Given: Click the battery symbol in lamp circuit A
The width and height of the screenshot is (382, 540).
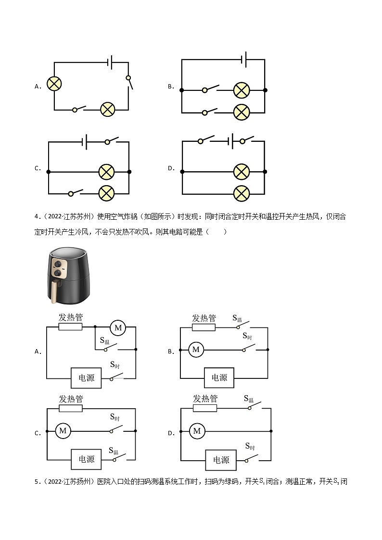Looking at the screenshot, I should (x=110, y=62).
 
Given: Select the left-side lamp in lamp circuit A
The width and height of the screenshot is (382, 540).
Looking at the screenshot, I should (x=54, y=84).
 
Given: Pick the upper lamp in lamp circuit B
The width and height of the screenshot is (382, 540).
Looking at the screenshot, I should (x=241, y=90).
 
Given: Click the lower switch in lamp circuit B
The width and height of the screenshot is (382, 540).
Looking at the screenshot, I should (x=210, y=112).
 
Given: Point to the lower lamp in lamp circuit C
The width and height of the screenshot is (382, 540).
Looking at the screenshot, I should (x=106, y=193).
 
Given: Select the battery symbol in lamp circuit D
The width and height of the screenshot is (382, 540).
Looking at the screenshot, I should (x=231, y=141).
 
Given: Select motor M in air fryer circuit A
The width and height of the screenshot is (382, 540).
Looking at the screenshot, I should (x=117, y=328).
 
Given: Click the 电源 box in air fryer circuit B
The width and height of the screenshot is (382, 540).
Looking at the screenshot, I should (x=219, y=377).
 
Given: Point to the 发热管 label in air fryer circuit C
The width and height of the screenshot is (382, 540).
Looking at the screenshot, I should (x=71, y=399).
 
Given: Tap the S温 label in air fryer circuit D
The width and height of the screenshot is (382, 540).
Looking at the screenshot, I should (x=248, y=399).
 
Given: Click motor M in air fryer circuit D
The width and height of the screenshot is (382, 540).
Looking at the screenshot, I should (x=196, y=431).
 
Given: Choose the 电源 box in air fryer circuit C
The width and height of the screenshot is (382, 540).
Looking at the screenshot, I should (x=87, y=459).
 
